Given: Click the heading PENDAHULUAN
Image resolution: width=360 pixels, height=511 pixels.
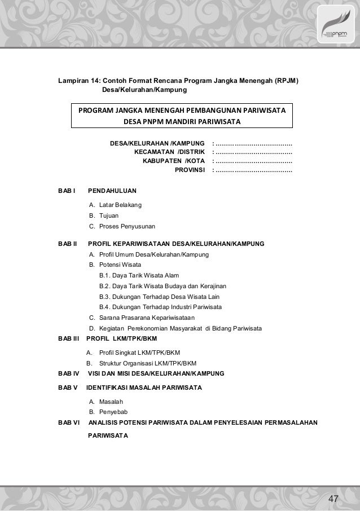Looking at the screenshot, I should [112, 191].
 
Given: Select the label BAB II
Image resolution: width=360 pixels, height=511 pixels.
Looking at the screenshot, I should [67, 244].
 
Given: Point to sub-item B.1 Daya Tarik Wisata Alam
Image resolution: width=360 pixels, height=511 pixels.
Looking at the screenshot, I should [139, 275].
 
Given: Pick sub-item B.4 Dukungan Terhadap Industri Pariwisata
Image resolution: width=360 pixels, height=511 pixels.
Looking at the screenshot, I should [160, 307].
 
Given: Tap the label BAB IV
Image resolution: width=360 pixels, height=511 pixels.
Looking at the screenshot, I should [68, 373].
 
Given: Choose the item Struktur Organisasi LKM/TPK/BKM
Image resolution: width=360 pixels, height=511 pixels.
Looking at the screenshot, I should [147, 363].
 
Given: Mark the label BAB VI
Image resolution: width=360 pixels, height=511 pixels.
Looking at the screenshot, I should [69, 422].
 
